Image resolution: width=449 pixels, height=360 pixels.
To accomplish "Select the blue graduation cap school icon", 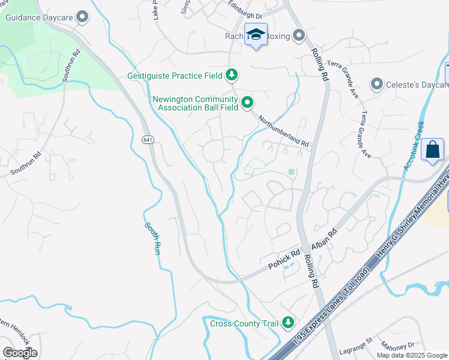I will pos(256,35).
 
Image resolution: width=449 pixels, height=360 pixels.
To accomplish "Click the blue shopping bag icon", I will pos(432,149).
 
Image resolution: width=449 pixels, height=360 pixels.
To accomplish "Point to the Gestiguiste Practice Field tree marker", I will pos(232,76).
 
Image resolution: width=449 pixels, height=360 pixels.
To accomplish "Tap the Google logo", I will pos(20,353).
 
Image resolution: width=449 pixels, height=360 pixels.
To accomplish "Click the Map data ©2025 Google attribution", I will pos(412,355).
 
